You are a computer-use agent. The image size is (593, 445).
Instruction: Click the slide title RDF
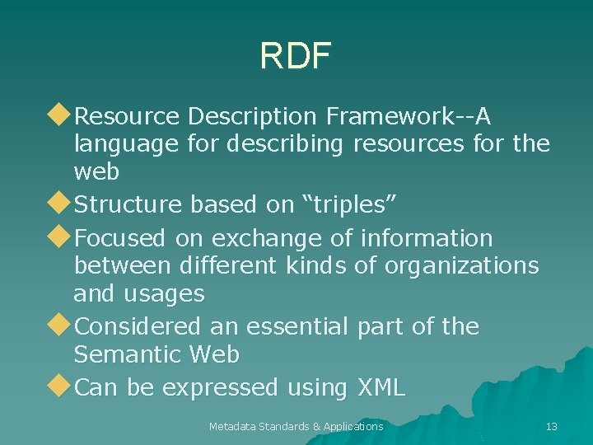(295, 56)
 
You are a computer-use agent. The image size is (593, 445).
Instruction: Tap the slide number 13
(552, 426)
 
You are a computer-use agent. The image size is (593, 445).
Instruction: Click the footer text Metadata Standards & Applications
(296, 426)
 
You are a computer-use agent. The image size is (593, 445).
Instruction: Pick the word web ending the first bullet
(96, 171)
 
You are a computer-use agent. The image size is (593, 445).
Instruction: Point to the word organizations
(469, 265)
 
